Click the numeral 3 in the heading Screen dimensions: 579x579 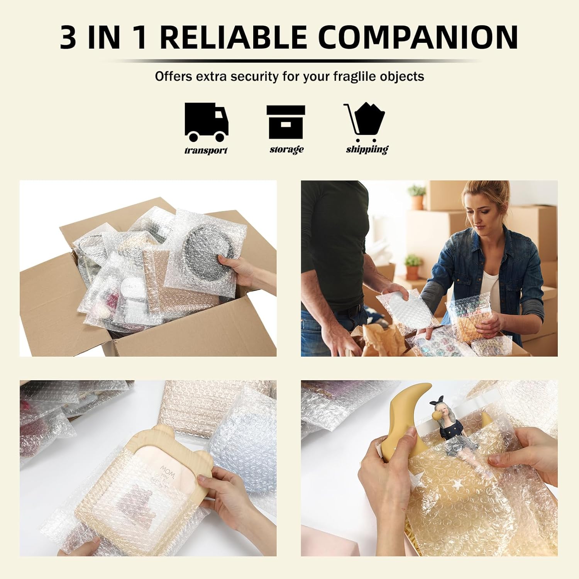(x=68, y=37)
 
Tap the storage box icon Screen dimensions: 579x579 (x=286, y=122)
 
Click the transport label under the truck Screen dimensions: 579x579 (x=206, y=151)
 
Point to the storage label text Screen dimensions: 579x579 (x=286, y=149)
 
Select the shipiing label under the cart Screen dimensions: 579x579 (x=367, y=149)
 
